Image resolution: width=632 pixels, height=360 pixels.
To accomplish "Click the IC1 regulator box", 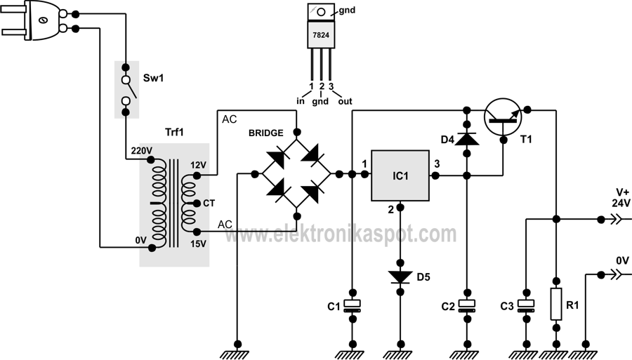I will point(400,175).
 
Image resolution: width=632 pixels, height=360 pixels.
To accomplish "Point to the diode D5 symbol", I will point(400,276).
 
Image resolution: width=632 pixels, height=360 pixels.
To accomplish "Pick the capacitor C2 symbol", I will point(466,305).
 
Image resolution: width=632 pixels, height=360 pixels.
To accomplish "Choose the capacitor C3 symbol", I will point(525,305).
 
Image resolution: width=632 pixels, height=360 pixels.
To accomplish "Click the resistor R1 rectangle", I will point(555,303).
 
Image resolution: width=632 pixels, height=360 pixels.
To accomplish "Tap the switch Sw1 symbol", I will point(126,88).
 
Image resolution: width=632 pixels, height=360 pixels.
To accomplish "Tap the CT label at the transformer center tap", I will point(209,204).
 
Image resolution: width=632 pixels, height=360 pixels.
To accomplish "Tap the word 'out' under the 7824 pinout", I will point(345,102).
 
